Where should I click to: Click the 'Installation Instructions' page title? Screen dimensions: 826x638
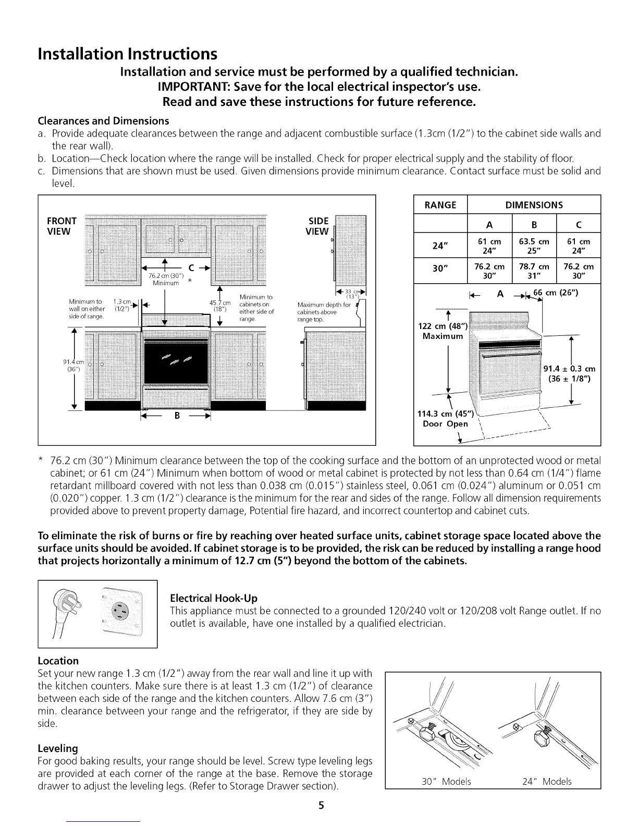pyautogui.click(x=127, y=54)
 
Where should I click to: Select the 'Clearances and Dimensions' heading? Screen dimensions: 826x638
pyautogui.click(x=103, y=121)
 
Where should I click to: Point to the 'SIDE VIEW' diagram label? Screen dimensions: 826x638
pyautogui.click(x=317, y=226)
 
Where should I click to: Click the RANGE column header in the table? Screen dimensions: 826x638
pyautogui.click(x=440, y=205)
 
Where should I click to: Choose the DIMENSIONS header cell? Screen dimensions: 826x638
pyautogui.click(x=534, y=205)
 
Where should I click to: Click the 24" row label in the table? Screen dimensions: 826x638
pyautogui.click(x=440, y=245)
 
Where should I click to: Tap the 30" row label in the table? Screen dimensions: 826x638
pyautogui.click(x=440, y=271)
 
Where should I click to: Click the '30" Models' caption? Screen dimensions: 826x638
pyautogui.click(x=446, y=781)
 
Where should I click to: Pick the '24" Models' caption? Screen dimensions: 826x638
pyautogui.click(x=546, y=781)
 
